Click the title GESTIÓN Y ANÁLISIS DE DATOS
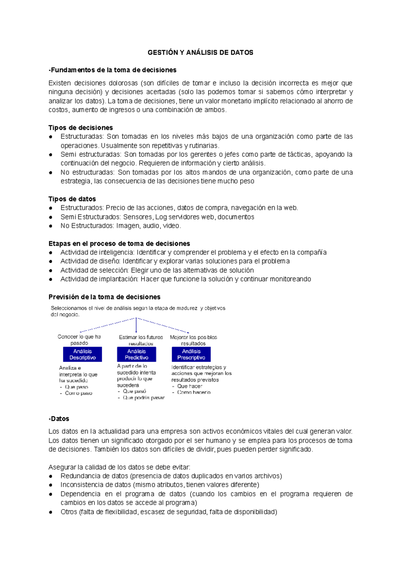point(200,53)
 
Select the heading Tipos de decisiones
point(80,128)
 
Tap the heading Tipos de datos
point(72,199)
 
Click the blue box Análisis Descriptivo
point(82,354)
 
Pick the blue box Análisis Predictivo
point(136,354)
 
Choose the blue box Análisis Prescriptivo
point(191,354)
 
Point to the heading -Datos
point(59,419)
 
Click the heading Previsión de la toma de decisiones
point(104,297)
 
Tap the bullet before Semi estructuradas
point(51,155)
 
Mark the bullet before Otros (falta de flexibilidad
point(51,512)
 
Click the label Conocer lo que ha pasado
point(79,340)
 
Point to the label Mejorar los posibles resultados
point(193,340)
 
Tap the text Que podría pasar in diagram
point(144,398)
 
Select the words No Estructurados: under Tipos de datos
point(87,226)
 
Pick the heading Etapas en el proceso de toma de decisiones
point(119,244)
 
